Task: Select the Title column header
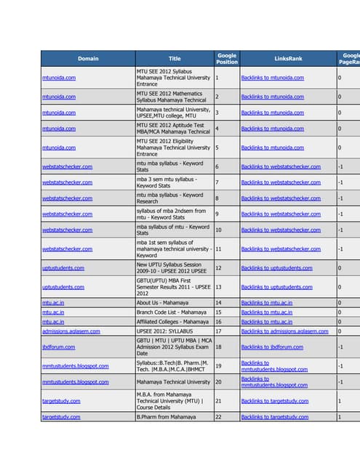175,58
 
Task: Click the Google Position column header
227,58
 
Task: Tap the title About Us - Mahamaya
165,302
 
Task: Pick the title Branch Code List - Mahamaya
172,312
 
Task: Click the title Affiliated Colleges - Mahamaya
172,321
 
